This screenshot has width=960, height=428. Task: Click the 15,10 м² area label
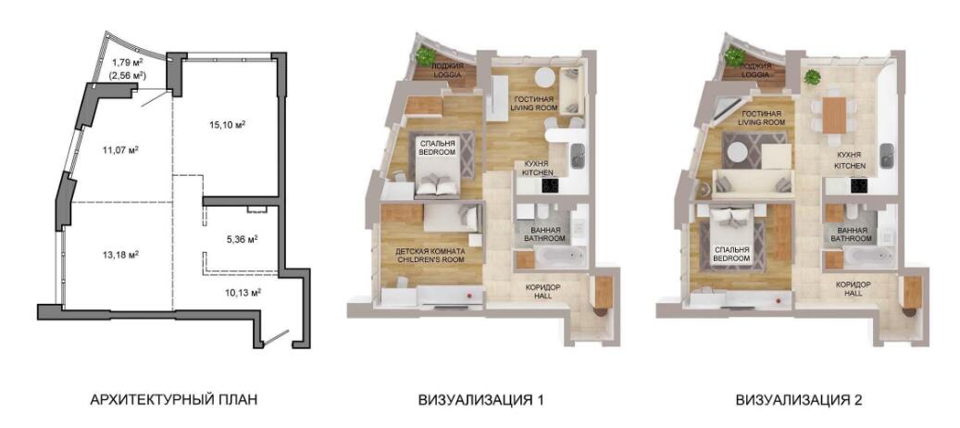pos(226,125)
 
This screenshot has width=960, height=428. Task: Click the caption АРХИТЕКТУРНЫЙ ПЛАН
pos(173,400)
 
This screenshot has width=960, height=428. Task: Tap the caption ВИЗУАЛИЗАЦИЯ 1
pos(480,400)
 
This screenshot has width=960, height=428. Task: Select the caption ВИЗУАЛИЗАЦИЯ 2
pos(800,400)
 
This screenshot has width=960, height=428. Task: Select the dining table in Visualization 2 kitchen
pos(833,115)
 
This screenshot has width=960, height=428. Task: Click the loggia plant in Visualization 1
pos(424,56)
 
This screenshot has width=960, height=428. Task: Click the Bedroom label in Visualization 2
pos(731,254)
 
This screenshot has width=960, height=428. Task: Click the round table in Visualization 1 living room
pos(543,77)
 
